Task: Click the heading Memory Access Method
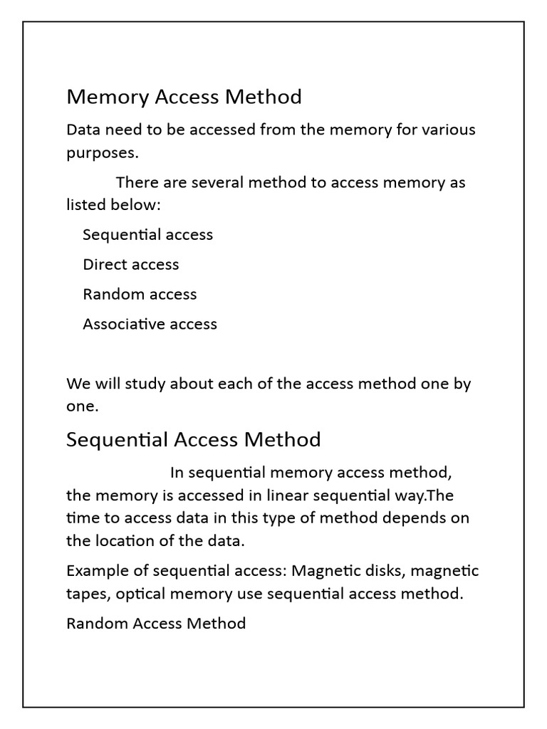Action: [184, 97]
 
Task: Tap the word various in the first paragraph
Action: [449, 130]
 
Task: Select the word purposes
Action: [100, 153]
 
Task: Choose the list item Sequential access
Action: [147, 234]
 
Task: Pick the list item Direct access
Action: [130, 264]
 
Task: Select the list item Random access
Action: [140, 294]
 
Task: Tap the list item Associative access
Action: [150, 324]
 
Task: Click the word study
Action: [145, 384]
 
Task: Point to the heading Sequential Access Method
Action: [193, 440]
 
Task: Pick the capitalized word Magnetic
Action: [324, 571]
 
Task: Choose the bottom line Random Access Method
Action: [156, 624]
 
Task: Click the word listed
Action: [86, 205]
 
